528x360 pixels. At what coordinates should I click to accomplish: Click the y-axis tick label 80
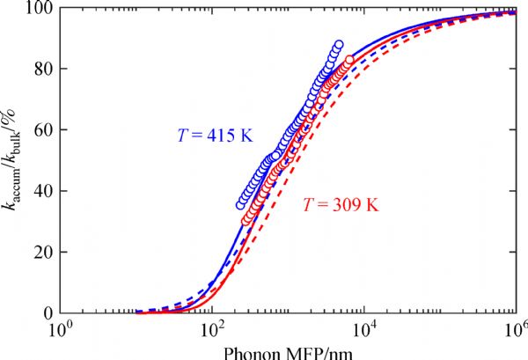coord(40,70)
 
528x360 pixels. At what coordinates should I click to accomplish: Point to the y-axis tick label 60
coord(40,130)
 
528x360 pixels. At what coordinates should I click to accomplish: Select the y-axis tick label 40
coord(40,191)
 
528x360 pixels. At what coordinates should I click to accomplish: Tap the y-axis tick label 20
coord(40,252)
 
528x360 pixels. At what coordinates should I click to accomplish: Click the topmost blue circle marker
coord(339,45)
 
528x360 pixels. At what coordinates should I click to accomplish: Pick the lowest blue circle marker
coord(241,205)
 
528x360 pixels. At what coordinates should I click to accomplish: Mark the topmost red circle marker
coord(349,60)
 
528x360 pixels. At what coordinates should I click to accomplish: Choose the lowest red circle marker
coord(247,221)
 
